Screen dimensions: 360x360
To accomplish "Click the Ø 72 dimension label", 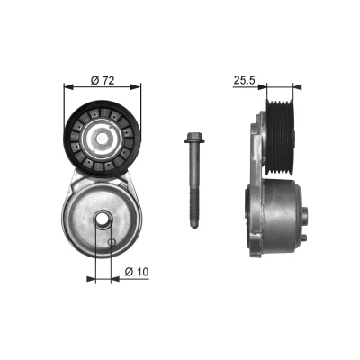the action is [x=103, y=80].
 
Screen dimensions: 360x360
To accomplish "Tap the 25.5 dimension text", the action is [x=244, y=80].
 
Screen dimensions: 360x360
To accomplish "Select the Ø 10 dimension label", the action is [x=137, y=272].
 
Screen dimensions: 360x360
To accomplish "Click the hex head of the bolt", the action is [x=194, y=138].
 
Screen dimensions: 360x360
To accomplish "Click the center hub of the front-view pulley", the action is [x=103, y=139].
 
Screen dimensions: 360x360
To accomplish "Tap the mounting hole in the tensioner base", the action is [x=103, y=220].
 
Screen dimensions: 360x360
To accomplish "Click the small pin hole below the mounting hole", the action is [x=112, y=242].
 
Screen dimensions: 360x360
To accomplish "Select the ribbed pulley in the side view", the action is [x=281, y=137].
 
